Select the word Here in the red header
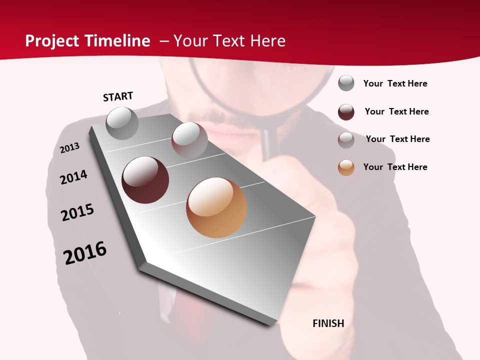[x=267, y=41]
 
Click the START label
[x=118, y=96]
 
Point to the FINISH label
[x=328, y=323]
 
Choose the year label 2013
[x=69, y=148]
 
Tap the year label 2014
[x=73, y=177]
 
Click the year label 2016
[x=85, y=253]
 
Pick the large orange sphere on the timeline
[x=216, y=207]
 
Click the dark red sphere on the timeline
[x=145, y=180]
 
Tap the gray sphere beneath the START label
[x=122, y=123]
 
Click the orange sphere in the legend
[x=346, y=167]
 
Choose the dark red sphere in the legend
[x=346, y=112]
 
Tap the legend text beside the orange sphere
[x=395, y=167]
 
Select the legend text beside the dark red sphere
[x=396, y=111]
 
